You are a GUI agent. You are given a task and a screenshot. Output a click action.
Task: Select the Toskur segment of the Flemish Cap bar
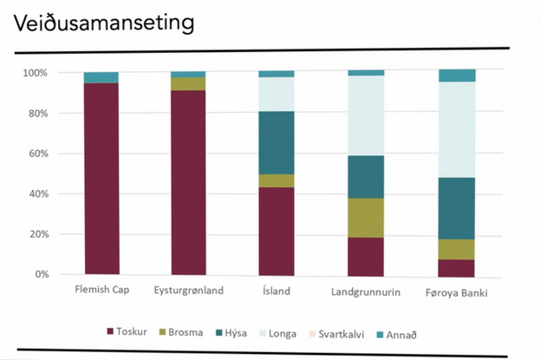[x=101, y=178]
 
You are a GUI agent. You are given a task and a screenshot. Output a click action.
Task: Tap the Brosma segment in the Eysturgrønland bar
[x=188, y=83]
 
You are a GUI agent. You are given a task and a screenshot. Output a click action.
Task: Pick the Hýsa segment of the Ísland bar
[x=277, y=142]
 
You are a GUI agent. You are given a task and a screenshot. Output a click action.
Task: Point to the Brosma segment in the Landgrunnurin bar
[x=365, y=217]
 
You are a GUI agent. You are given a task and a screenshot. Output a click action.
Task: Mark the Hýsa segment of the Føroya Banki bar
[x=457, y=208]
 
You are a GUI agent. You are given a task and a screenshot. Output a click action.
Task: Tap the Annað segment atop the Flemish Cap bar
[x=101, y=77]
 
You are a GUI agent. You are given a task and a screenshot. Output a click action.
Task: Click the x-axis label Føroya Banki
[x=457, y=292]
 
